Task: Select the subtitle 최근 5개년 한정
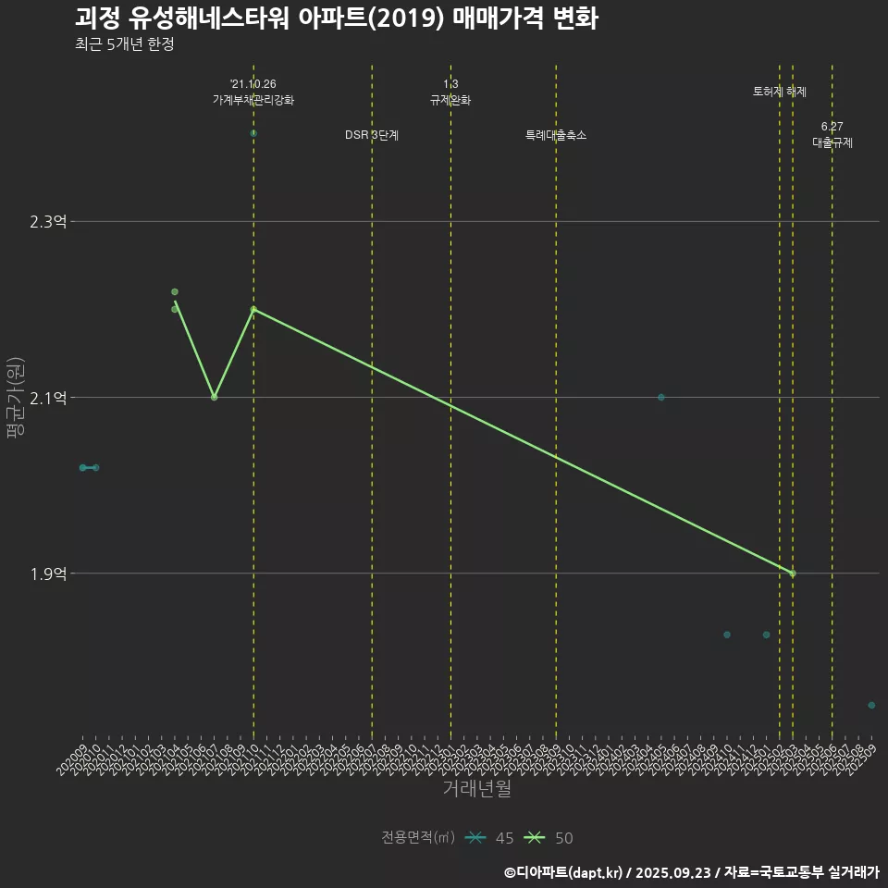click(124, 44)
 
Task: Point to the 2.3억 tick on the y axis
click(48, 222)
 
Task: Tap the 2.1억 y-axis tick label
click(48, 398)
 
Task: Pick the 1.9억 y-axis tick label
click(48, 573)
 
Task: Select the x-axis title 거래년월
click(476, 789)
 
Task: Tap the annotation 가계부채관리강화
click(253, 100)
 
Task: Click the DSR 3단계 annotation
click(372, 136)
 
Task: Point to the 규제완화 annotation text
click(450, 100)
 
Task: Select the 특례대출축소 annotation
click(556, 136)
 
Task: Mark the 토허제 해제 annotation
click(780, 92)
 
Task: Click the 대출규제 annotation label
click(832, 143)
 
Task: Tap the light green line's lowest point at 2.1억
click(214, 398)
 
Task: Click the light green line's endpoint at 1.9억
click(793, 573)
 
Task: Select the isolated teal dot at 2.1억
click(661, 398)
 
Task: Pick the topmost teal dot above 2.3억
click(253, 134)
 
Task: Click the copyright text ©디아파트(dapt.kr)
click(563, 872)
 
